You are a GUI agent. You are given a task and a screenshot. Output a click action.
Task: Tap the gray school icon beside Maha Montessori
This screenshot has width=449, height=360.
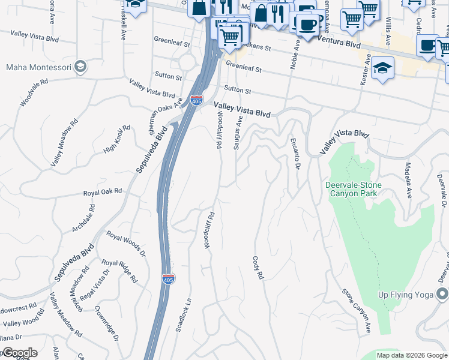(80, 67)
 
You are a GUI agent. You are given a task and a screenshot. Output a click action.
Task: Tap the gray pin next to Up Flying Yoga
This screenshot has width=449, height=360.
(442, 294)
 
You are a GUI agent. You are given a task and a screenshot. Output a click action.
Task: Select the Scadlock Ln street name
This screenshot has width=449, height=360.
(182, 316)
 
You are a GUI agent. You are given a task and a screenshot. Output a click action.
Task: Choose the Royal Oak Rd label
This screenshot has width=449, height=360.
(103, 191)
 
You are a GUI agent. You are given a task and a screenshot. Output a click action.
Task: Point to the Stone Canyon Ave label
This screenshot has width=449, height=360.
(357, 311)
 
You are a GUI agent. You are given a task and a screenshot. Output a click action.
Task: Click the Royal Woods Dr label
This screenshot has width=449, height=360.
(126, 244)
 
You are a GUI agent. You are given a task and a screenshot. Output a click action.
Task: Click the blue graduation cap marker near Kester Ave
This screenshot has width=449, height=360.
(382, 69)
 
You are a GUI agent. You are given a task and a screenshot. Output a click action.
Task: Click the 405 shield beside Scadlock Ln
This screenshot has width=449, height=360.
(169, 279)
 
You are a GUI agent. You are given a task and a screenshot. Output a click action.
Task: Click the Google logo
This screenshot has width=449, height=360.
(19, 353)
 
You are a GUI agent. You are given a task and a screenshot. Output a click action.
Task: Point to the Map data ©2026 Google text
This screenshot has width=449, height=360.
(412, 355)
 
